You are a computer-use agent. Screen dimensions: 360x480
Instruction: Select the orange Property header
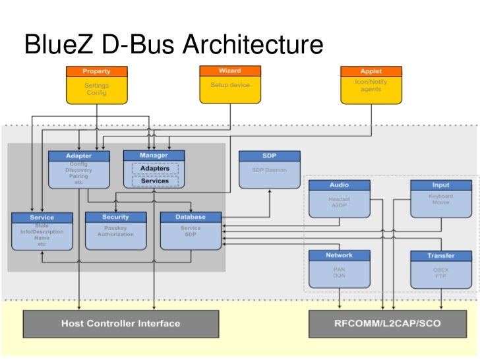[96, 71]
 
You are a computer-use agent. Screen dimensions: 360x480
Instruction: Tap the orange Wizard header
[230, 71]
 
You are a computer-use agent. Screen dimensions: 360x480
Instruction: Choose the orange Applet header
[371, 71]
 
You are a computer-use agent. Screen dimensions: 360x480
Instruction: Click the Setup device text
[230, 85]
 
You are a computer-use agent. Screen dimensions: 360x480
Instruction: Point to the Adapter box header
[79, 156]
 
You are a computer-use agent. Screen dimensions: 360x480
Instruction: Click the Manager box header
[154, 156]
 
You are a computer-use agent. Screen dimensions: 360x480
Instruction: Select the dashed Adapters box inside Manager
[154, 169]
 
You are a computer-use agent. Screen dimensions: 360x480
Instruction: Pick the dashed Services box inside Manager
[154, 181]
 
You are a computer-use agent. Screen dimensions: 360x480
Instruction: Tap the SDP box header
[269, 156]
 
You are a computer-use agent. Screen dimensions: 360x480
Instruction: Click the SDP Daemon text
[269, 169]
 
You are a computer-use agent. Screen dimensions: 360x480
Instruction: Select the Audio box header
[339, 186]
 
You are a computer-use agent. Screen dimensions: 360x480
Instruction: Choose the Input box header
[440, 186]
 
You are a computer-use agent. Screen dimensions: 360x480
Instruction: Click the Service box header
[42, 218]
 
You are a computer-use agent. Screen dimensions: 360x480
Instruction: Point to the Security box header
[116, 217]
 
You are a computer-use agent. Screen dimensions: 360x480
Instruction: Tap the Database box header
[191, 217]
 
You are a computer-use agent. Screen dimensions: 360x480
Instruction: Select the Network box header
[339, 255]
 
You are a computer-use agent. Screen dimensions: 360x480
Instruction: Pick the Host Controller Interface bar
[121, 324]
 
